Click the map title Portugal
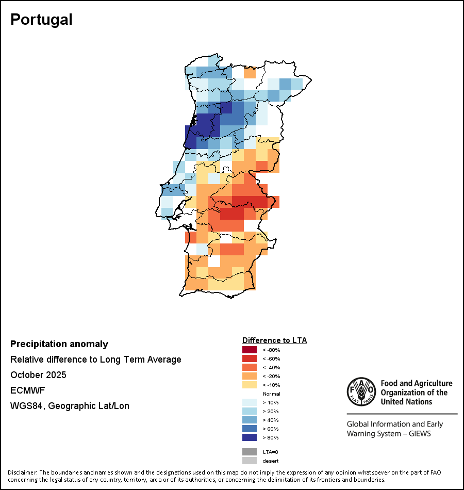point(41,20)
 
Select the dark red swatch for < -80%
point(250,350)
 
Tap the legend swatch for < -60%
point(250,359)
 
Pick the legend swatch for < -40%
point(250,368)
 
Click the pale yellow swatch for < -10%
point(250,385)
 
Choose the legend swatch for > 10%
point(250,403)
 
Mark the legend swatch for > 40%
point(250,420)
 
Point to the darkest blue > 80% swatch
point(250,438)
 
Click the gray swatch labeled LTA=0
point(250,452)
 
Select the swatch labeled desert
point(250,461)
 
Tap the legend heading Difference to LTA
point(274,340)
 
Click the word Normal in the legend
point(271,394)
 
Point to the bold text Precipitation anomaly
point(59,344)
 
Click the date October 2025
point(38,375)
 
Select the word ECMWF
point(28,390)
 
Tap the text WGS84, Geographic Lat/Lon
point(70,406)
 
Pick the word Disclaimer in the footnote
point(22,472)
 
